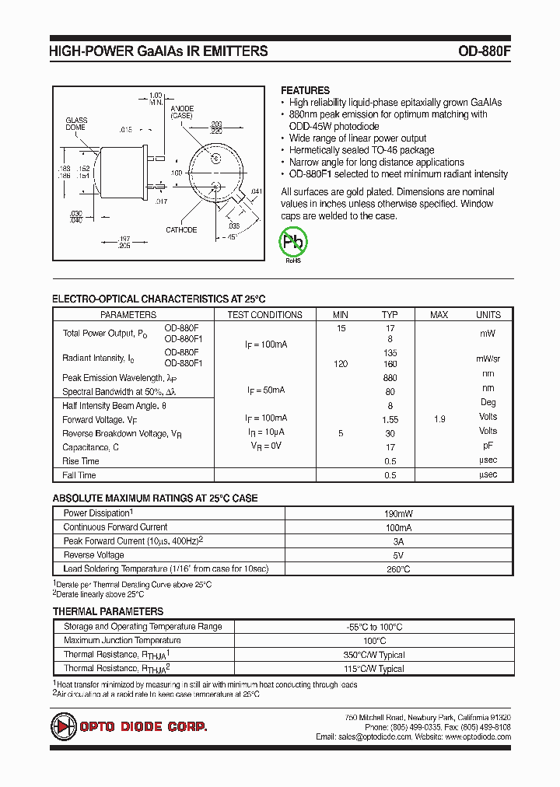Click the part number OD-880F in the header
pos(484,51)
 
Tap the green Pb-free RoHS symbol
pos(294,242)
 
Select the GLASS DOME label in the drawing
pos(76,124)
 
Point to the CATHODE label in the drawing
pos(181,229)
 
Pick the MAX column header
pos(439,315)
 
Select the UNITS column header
pos(488,315)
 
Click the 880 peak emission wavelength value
pos(390,377)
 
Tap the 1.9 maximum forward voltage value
pos(439,419)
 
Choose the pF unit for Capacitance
pos(488,446)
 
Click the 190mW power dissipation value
pos(398,514)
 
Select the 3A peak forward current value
pos(398,541)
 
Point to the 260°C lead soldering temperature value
pos(398,569)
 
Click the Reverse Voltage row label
pos(93,555)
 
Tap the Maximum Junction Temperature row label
pos(122,641)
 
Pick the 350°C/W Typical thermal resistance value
pos(373,655)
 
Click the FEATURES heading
pos(305,90)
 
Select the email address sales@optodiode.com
pos(363,736)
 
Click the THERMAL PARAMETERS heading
pos(107,611)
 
